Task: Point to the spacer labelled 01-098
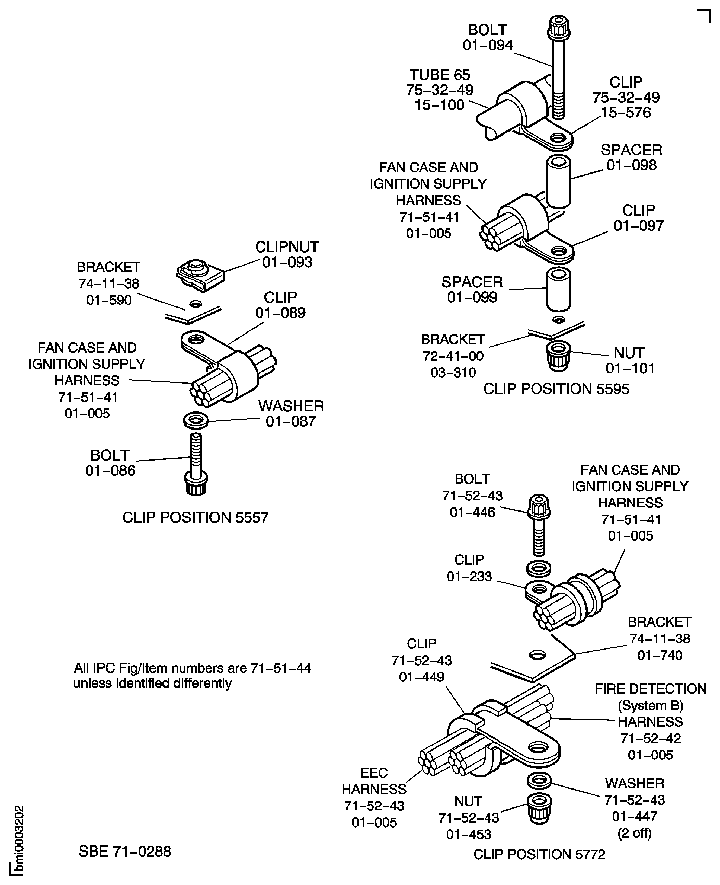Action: pos(559,181)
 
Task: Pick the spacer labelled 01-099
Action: pos(559,289)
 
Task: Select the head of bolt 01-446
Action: pos(539,507)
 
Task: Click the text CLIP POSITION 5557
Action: pos(195,517)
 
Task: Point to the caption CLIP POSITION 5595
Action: pos(556,389)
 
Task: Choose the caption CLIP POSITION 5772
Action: pos(539,854)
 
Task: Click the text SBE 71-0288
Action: pos(125,851)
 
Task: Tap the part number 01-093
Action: pos(287,262)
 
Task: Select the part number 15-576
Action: pos(626,112)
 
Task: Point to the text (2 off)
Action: pos(635,833)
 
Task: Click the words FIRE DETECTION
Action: pos(650,689)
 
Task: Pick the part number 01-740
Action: pos(660,655)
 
